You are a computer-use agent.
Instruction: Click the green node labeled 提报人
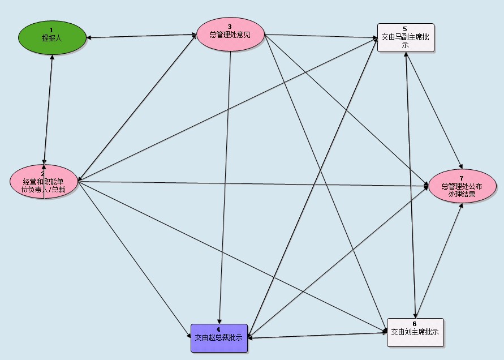pos(52,37)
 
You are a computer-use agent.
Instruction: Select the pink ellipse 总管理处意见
pos(230,34)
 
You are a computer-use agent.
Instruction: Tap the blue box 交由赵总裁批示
pos(219,338)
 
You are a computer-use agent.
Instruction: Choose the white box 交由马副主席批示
pos(406,38)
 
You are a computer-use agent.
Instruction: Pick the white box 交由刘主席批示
pos(415,332)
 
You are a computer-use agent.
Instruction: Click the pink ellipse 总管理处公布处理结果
pos(462,186)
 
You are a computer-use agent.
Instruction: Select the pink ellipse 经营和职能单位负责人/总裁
pos(44,182)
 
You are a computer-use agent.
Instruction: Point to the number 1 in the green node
pos(51,29)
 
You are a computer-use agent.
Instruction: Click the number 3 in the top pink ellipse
pos(230,27)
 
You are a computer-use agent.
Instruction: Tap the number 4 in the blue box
pos(218,329)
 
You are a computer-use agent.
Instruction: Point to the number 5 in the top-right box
pos(405,28)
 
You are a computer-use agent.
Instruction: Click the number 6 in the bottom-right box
pos(415,323)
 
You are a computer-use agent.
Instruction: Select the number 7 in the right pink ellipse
pos(462,178)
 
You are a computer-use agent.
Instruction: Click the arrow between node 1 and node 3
pos(141,37)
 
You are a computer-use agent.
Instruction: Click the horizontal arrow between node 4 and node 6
pos(317,335)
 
